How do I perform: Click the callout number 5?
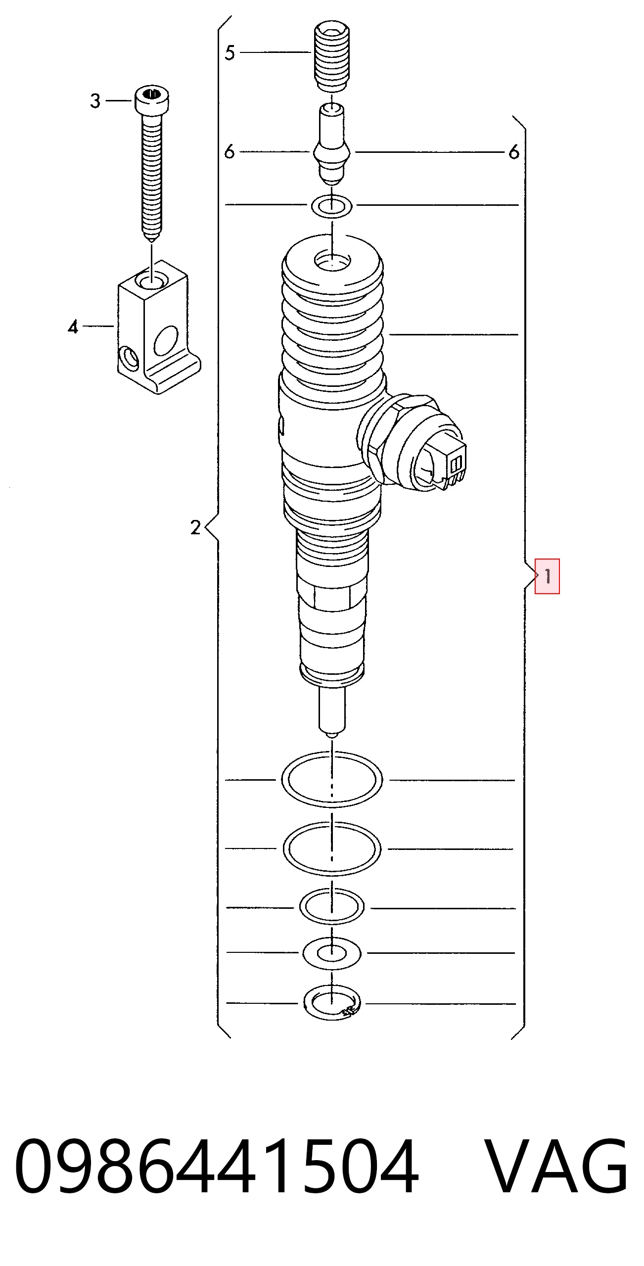230,52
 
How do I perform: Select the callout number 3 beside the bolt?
95,101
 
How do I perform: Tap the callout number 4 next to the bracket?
73,327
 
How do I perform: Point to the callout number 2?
196,527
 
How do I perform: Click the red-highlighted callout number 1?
547,576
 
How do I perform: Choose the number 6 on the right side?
514,152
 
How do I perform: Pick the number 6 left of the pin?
229,151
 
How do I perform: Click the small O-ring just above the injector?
332,205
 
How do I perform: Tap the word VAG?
556,1166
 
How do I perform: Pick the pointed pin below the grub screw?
332,144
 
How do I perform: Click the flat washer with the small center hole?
332,953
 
